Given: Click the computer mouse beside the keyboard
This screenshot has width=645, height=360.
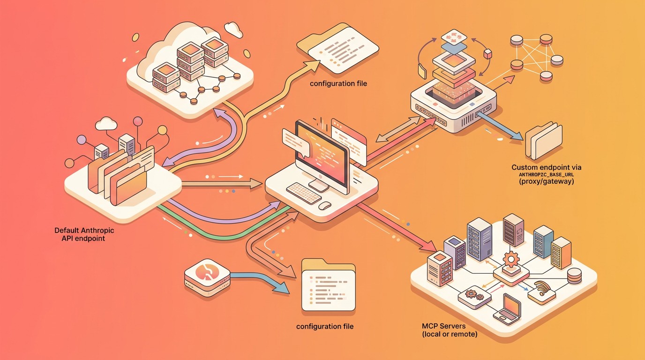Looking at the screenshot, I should pyautogui.click(x=325, y=205).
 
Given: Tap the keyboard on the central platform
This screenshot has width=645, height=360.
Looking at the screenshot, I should pyautogui.click(x=303, y=193).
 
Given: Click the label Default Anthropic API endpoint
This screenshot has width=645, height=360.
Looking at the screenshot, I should pyautogui.click(x=84, y=234).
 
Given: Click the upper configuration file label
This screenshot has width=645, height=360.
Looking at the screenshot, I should pyautogui.click(x=338, y=83).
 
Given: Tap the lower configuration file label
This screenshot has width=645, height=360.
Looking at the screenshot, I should pyautogui.click(x=325, y=326).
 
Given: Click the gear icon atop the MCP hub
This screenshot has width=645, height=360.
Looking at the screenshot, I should pyautogui.click(x=510, y=258).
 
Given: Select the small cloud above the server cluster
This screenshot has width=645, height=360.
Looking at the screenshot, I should pyautogui.click(x=233, y=29).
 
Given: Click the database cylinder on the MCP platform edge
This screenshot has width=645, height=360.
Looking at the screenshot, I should pyautogui.click(x=574, y=277).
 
